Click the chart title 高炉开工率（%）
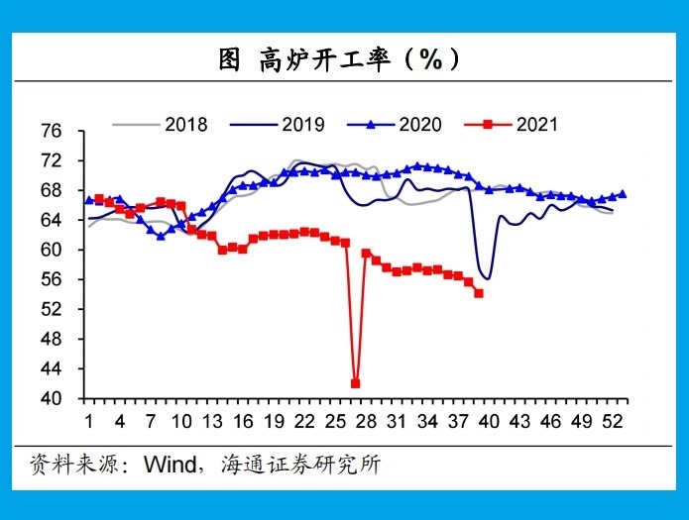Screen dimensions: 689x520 [339, 59]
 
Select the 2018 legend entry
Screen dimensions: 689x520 [160, 125]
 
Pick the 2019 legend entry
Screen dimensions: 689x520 [278, 125]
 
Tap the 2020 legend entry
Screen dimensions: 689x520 [395, 125]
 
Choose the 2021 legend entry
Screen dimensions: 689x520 [511, 125]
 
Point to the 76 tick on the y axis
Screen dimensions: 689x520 [52, 131]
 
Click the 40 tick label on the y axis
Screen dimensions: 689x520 [52, 398]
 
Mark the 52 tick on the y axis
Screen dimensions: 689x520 [52, 309]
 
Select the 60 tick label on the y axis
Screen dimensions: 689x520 [52, 250]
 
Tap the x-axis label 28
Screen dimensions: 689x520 [366, 422]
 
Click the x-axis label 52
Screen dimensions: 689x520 [613, 422]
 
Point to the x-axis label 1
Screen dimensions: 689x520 [89, 422]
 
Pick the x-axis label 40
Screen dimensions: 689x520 [489, 422]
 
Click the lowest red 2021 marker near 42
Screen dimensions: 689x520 [356, 383]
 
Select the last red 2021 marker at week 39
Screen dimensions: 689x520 [479, 293]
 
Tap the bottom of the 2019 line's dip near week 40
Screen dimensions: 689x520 [488, 279]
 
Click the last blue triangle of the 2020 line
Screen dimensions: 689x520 [623, 194]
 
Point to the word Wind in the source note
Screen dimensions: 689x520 [171, 465]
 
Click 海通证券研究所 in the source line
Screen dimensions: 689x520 [301, 465]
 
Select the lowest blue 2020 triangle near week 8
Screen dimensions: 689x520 [161, 236]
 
